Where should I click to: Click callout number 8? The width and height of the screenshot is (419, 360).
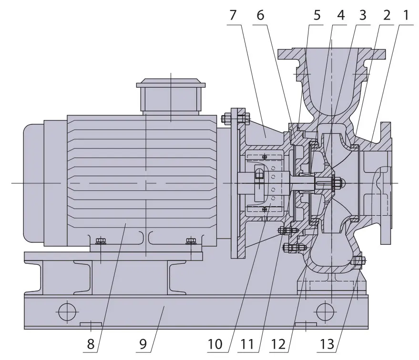pyautogui.click(x=91, y=344)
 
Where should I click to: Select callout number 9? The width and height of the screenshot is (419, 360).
pyautogui.click(x=143, y=344)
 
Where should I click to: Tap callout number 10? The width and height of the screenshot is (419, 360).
pyautogui.click(x=215, y=344)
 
